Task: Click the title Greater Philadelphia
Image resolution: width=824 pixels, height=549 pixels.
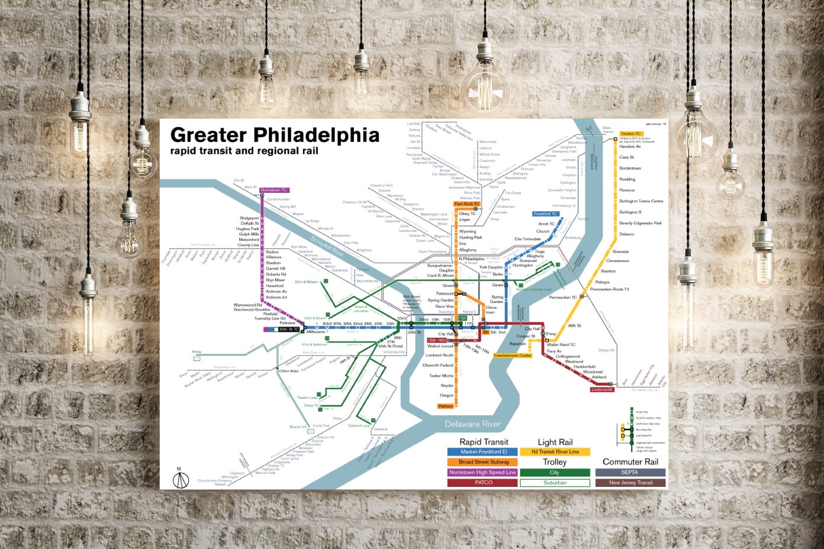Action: click(x=274, y=135)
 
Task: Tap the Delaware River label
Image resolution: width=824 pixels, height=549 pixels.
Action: click(x=472, y=424)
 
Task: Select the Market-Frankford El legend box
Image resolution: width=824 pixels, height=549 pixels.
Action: click(x=483, y=452)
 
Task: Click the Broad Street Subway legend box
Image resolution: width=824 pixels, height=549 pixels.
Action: click(x=483, y=462)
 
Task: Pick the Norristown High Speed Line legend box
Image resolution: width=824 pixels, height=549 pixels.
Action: click(x=483, y=472)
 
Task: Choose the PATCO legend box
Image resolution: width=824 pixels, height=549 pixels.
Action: click(x=483, y=483)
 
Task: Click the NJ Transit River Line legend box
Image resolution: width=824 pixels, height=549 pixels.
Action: click(x=555, y=452)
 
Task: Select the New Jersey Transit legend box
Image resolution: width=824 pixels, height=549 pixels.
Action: click(x=630, y=483)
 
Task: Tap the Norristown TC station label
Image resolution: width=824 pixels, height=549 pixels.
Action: click(x=274, y=190)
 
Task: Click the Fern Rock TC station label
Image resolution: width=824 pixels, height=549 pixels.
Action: click(x=466, y=204)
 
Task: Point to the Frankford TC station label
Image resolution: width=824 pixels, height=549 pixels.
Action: click(x=545, y=214)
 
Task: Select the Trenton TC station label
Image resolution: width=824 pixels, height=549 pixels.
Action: click(x=631, y=134)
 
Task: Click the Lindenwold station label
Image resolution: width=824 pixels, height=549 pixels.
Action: click(x=602, y=389)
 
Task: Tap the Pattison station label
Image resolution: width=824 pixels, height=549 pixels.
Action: click(x=445, y=406)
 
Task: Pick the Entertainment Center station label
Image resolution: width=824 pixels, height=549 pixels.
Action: click(x=513, y=356)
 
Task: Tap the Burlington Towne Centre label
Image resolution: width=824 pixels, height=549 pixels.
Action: click(x=641, y=201)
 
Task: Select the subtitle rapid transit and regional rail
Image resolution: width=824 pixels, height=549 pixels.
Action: click(x=244, y=151)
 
